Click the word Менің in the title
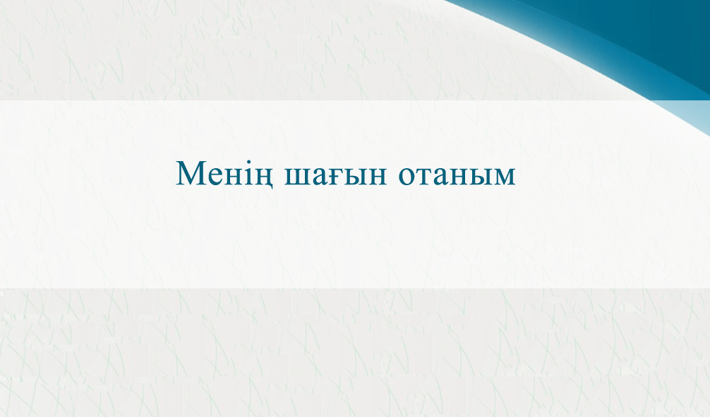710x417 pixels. coord(224,174)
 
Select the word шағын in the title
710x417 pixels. coord(335,175)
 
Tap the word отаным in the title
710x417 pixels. coord(457,175)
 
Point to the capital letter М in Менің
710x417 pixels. coord(190,172)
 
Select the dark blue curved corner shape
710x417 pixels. coord(634,32)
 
